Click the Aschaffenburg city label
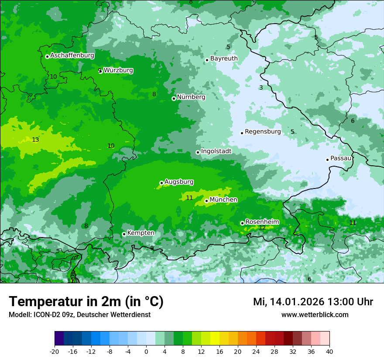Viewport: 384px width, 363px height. (72, 56)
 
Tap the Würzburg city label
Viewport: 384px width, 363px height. (118, 70)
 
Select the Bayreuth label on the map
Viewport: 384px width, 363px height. (224, 59)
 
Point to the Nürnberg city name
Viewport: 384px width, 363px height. (191, 97)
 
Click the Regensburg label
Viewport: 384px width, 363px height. (263, 132)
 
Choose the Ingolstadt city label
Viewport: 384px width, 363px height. (216, 151)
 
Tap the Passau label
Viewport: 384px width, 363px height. (341, 158)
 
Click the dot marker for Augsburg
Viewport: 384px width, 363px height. (161, 183)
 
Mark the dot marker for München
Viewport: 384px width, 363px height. (206, 201)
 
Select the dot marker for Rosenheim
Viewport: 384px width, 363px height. (242, 223)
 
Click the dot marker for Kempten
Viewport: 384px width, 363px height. (124, 234)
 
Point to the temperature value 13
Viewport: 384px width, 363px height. (35, 140)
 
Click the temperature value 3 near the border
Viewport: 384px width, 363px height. (261, 88)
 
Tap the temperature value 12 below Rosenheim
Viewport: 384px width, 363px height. (262, 228)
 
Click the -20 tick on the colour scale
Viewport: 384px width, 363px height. (55, 351)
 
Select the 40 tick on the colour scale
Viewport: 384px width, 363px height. (329, 351)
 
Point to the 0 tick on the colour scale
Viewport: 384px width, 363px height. (146, 351)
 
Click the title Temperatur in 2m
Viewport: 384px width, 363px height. (86, 302)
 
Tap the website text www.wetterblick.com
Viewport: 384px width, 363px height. (315, 315)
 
